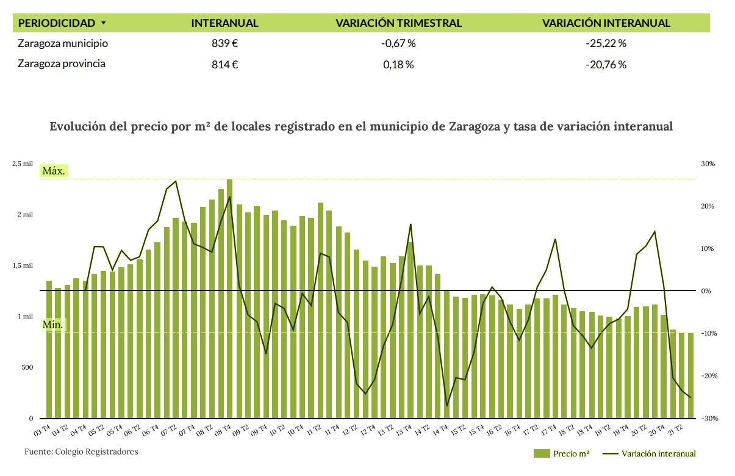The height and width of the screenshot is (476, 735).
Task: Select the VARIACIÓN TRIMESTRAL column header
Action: coord(398,23)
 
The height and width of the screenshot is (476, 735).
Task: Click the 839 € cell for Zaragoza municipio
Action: coord(224,43)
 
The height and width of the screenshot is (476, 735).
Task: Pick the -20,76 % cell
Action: coord(606,64)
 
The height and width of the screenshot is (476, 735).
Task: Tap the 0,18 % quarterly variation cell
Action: coord(398,64)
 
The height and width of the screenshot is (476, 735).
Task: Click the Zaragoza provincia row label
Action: coord(62,63)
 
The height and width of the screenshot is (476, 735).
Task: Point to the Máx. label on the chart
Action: coord(54,171)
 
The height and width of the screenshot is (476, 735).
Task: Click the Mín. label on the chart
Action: coord(52,325)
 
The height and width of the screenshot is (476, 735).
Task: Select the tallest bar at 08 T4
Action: coord(229,299)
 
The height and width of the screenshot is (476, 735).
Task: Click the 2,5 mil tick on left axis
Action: coord(23,164)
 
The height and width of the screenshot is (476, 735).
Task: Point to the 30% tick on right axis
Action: coord(708,164)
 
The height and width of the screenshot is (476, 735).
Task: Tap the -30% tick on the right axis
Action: coord(707,419)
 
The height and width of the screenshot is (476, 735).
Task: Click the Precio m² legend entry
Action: coord(562,453)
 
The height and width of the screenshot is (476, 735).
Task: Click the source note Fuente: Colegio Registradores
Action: coord(81,452)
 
